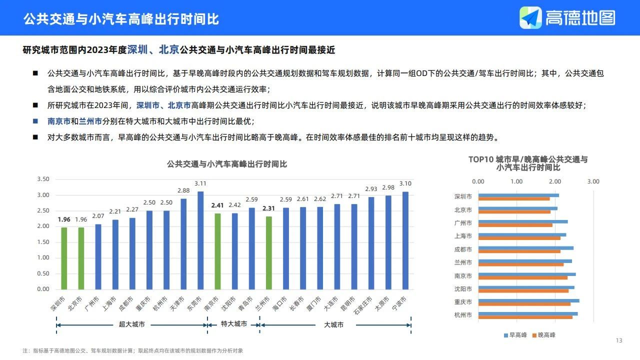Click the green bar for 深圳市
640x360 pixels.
click(x=64, y=258)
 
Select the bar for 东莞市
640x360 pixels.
click(x=200, y=240)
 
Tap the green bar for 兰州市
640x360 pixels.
click(x=269, y=252)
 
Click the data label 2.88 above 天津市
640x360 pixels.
click(x=183, y=190)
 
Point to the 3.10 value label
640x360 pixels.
click(x=405, y=183)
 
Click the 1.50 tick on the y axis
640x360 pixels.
click(x=43, y=242)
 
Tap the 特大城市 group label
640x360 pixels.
click(x=234, y=324)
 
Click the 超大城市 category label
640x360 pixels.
click(x=131, y=324)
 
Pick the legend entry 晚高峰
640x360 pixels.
click(x=546, y=335)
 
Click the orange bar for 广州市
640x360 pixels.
click(x=515, y=225)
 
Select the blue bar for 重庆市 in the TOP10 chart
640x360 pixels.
click(x=529, y=300)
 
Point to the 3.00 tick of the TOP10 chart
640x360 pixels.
click(x=593, y=181)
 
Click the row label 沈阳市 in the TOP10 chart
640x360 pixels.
click(x=463, y=289)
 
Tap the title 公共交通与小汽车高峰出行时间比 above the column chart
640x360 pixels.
click(x=227, y=164)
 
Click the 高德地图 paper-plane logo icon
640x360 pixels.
click(x=530, y=18)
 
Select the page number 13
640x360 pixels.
click(x=619, y=340)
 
